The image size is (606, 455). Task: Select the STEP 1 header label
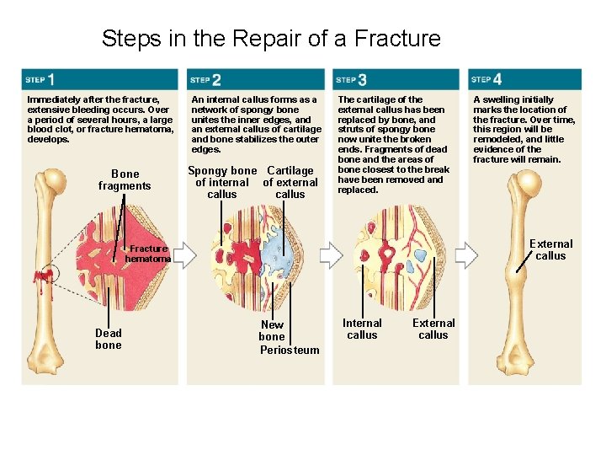[40, 79]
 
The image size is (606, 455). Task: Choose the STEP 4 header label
[486, 79]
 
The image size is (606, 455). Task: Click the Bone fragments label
[125, 180]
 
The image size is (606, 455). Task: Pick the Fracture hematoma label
[148, 254]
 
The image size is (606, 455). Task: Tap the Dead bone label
[109, 339]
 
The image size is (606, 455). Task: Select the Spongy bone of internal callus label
[222, 182]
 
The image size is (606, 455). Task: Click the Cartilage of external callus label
[290, 182]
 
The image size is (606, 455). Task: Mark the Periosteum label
[290, 350]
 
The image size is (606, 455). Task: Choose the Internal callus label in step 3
[362, 329]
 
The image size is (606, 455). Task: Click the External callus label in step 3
[433, 329]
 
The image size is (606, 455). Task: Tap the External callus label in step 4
[550, 249]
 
